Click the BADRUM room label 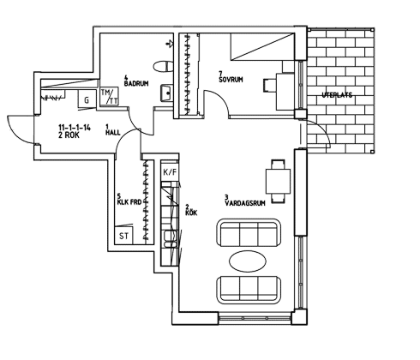point(136,83)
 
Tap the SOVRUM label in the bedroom point(231,80)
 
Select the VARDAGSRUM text point(245,203)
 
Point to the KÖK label point(191,213)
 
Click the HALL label point(113,133)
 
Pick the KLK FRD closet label point(129,202)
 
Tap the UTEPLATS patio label point(337,95)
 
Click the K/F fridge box point(170,172)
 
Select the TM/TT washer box point(109,96)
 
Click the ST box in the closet point(123,236)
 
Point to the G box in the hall point(87,99)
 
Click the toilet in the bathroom point(163,67)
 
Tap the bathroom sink point(166,93)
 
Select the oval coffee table point(248,261)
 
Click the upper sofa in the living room point(249,232)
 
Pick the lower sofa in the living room point(249,290)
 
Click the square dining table point(279,182)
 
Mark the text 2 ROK point(69,135)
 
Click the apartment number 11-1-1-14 point(75,128)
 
